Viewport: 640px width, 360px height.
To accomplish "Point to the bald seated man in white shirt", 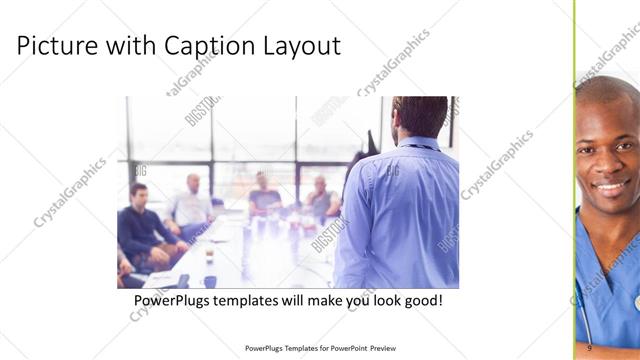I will [x=191, y=205].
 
